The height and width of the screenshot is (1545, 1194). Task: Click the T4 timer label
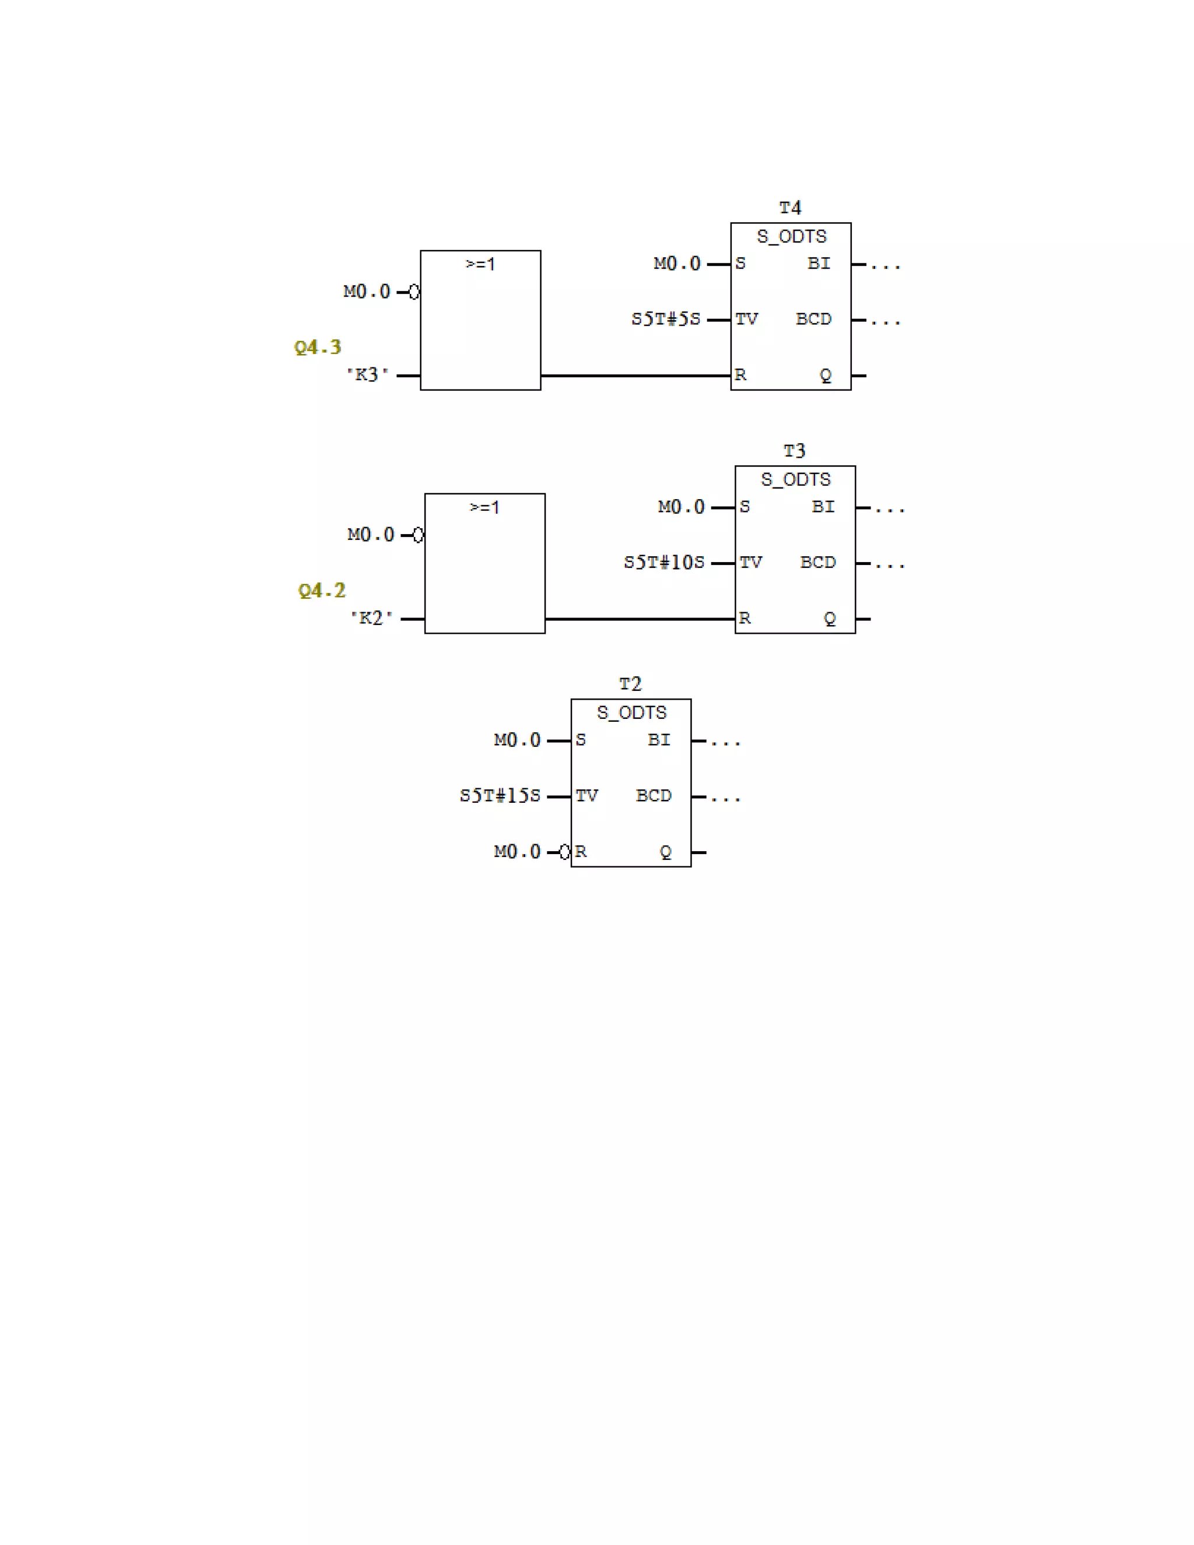[790, 208]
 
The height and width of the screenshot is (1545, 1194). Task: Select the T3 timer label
[795, 451]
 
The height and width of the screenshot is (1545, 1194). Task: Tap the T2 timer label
[630, 684]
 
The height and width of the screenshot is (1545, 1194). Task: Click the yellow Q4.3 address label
[318, 347]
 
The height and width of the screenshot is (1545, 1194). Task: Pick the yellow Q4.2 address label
[322, 591]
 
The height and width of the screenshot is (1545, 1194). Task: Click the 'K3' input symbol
[367, 375]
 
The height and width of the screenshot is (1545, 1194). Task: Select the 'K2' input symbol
[371, 618]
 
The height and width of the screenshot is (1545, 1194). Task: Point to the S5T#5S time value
[666, 319]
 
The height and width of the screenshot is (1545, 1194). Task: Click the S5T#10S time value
[663, 563]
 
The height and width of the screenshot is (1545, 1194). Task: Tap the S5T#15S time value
[500, 796]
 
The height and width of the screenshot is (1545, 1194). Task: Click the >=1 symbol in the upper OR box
[480, 265]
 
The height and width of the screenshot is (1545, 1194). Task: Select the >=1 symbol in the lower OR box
[484, 508]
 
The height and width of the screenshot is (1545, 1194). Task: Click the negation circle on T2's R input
[564, 852]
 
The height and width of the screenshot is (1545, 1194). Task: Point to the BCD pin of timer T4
[813, 319]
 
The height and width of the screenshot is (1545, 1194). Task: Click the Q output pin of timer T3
[830, 619]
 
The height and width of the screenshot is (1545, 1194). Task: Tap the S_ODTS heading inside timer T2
[631, 713]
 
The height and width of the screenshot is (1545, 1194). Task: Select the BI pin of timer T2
[659, 740]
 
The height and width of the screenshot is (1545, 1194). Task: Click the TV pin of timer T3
[750, 563]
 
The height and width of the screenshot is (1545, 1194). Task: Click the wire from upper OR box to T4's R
[635, 375]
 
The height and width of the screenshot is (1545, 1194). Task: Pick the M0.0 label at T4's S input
[677, 264]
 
